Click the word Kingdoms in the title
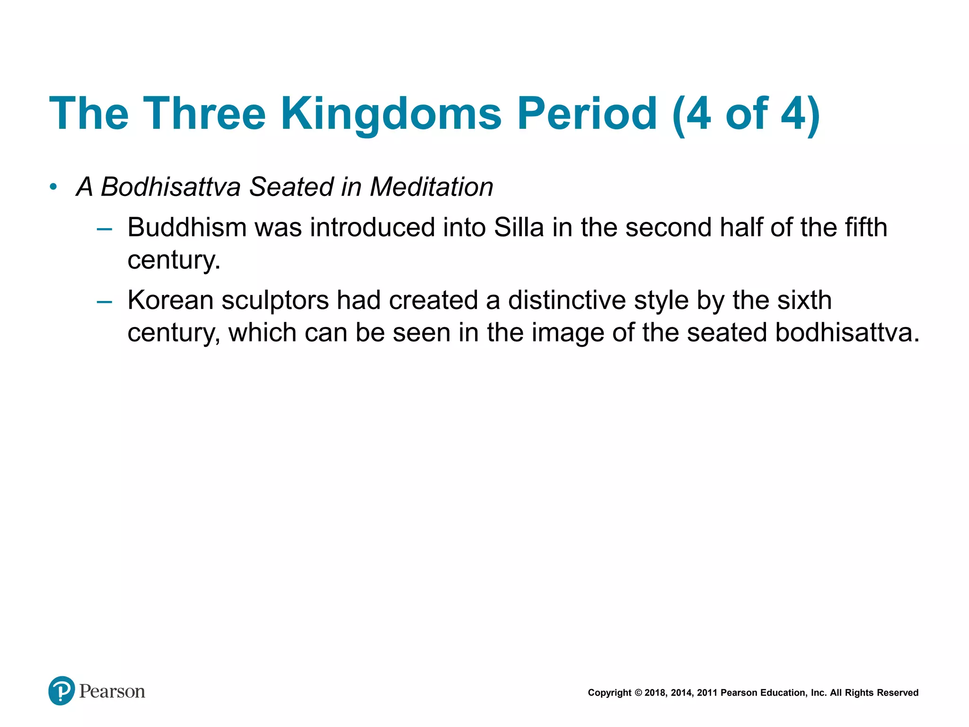coord(391,114)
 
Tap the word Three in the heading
coord(204,114)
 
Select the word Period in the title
coord(587,114)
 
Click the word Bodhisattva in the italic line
coord(171,187)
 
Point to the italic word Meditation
coord(432,187)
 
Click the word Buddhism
coord(187,228)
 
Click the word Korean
coord(171,301)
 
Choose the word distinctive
coord(567,301)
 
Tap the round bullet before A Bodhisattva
coord(53,187)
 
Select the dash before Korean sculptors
coord(104,301)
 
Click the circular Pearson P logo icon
coord(62,691)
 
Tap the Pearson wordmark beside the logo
coord(112,692)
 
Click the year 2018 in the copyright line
coord(655,693)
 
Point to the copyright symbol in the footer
coord(638,693)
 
